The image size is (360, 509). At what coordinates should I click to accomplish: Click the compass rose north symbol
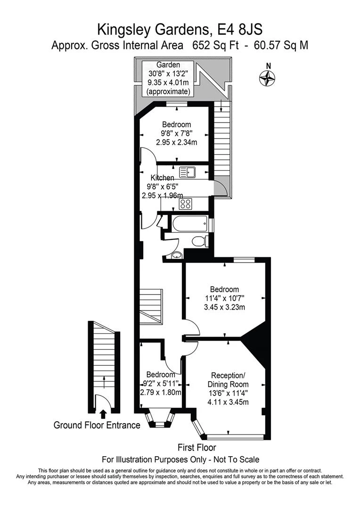pos(267,78)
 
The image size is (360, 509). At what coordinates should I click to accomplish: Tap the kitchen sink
pos(188,172)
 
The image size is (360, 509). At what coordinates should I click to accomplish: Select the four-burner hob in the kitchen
pos(186,204)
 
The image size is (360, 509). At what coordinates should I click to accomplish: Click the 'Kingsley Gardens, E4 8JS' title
pos(180,30)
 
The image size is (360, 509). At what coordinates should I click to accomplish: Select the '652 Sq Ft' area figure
pos(215,45)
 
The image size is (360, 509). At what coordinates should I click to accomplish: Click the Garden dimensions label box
pos(168,78)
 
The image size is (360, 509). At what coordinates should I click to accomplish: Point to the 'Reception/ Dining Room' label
pos(228,380)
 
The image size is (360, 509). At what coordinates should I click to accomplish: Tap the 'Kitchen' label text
pos(162,178)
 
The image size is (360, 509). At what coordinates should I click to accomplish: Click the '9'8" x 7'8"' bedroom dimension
pos(177,133)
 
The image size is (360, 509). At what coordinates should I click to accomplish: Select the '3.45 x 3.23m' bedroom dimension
pos(224,307)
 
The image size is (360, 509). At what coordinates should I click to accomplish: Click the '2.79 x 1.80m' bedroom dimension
pos(161,392)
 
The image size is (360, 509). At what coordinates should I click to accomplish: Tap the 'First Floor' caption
pos(196,448)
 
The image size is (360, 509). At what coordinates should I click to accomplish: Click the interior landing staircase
pos(151,306)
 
